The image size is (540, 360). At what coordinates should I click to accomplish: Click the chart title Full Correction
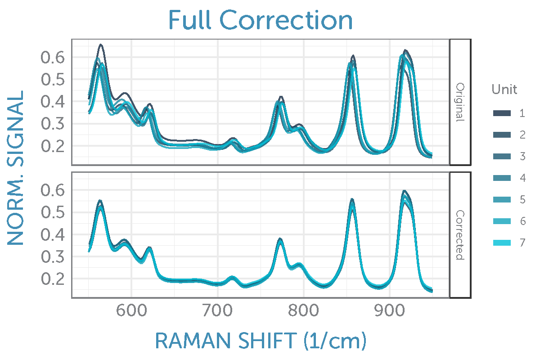(261, 20)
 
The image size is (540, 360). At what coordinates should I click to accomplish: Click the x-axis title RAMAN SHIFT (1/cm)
(261, 342)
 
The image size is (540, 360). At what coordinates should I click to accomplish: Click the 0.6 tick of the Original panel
(53, 58)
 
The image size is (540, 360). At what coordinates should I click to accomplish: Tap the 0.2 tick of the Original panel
(53, 146)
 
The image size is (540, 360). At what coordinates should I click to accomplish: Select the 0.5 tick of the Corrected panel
(53, 212)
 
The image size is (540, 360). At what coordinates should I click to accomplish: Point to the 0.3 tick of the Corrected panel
(53, 256)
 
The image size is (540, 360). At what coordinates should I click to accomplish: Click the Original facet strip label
(460, 102)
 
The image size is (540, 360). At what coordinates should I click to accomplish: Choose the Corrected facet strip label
(460, 234)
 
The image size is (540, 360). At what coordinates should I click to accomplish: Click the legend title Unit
(504, 90)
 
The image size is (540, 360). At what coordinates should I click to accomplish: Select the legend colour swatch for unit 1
(502, 113)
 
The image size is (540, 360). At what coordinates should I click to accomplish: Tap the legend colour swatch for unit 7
(502, 243)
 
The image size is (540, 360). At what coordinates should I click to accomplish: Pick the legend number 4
(522, 178)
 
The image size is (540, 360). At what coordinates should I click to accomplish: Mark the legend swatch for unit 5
(502, 200)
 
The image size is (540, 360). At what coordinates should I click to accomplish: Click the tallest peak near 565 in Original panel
(101, 45)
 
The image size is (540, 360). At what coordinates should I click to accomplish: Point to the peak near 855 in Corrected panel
(352, 199)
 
